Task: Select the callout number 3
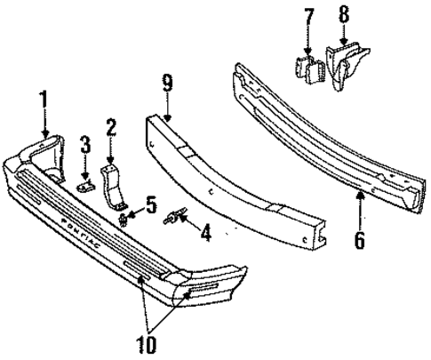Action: point(84,143)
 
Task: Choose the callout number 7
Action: point(308,17)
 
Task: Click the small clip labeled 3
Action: point(85,185)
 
